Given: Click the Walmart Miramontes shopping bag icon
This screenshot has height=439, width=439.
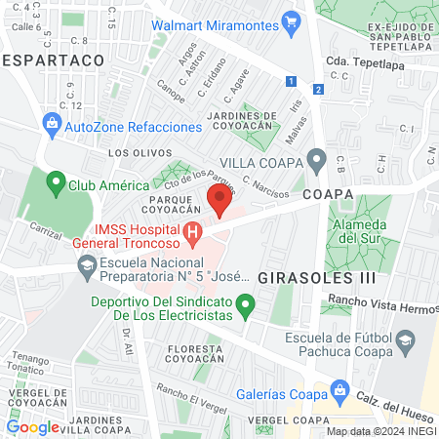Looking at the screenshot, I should point(290,21).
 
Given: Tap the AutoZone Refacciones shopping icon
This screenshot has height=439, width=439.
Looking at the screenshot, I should point(52,124).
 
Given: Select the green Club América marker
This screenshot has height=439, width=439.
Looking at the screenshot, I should point(56,181).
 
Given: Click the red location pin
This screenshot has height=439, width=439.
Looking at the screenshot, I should point(219,203).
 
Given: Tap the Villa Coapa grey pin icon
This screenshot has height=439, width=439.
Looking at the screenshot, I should point(315,159).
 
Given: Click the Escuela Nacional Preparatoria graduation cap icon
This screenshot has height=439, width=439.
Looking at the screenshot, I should point(86,265).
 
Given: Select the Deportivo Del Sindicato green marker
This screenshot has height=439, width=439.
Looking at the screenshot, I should point(247,307).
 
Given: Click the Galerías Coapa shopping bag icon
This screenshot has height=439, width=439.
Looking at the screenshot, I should point(339,391).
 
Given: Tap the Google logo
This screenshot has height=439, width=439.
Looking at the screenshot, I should point(32,426).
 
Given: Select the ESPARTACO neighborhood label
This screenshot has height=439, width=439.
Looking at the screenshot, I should point(52,60).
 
